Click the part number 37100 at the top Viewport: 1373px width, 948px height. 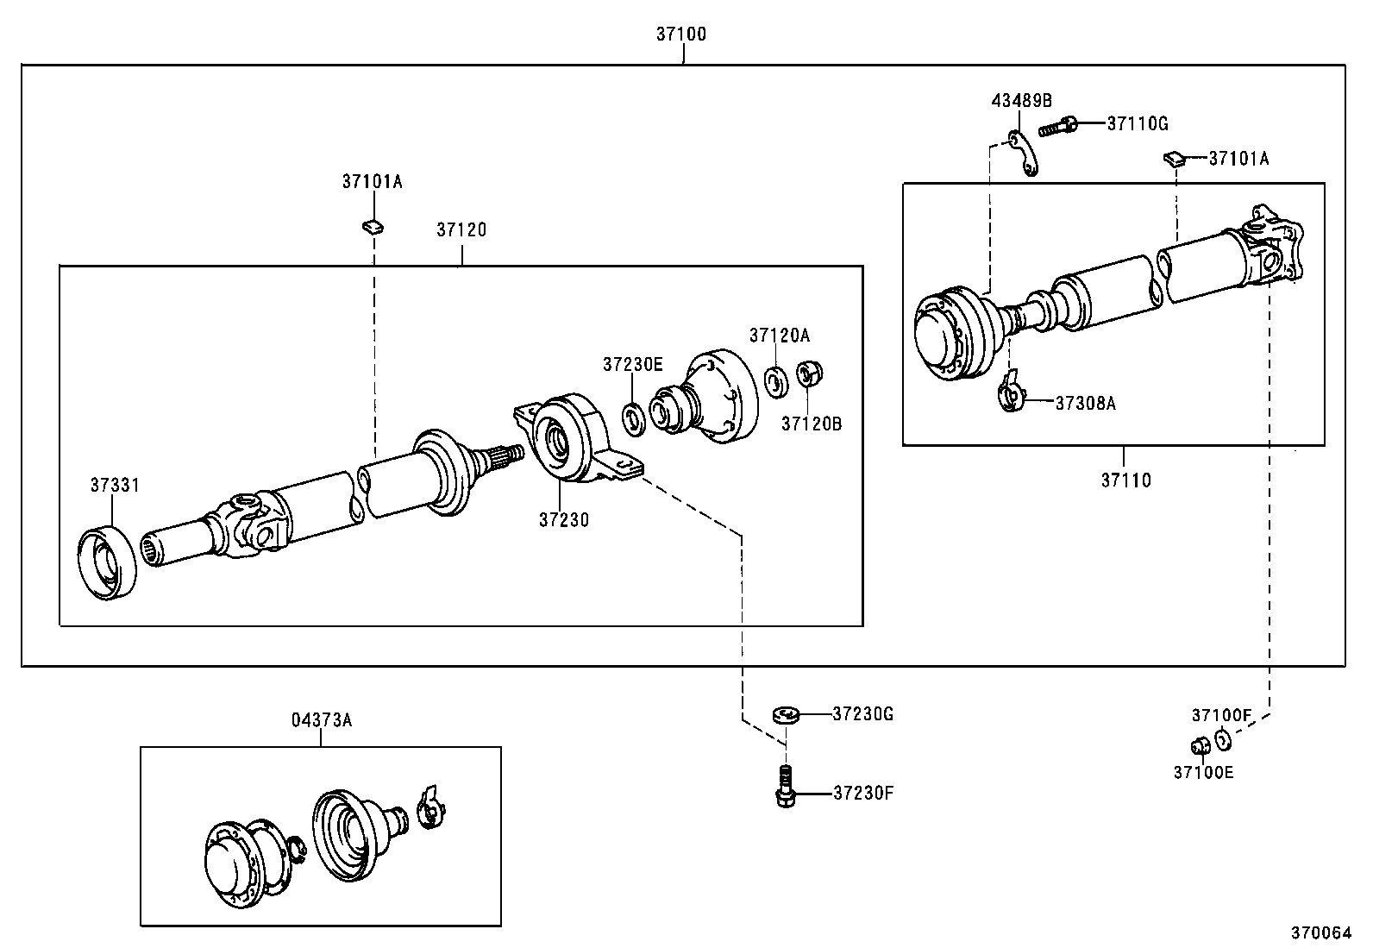pos(680,35)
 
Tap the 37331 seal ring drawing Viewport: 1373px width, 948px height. pos(107,562)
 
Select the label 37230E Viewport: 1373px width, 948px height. pos(632,364)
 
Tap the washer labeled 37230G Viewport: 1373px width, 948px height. pos(786,714)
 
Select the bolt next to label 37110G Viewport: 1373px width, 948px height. pos(1059,127)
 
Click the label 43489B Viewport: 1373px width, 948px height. pos(1021,100)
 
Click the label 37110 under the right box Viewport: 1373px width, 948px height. pos(1125,480)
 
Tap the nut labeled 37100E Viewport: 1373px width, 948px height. pos(1199,745)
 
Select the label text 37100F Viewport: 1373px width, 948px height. pos(1220,714)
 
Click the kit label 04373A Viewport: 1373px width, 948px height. pos(321,719)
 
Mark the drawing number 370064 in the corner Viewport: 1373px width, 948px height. pos(1320,932)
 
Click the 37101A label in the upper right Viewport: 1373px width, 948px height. pos(1238,159)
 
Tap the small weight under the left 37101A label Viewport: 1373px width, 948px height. pos(373,227)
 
